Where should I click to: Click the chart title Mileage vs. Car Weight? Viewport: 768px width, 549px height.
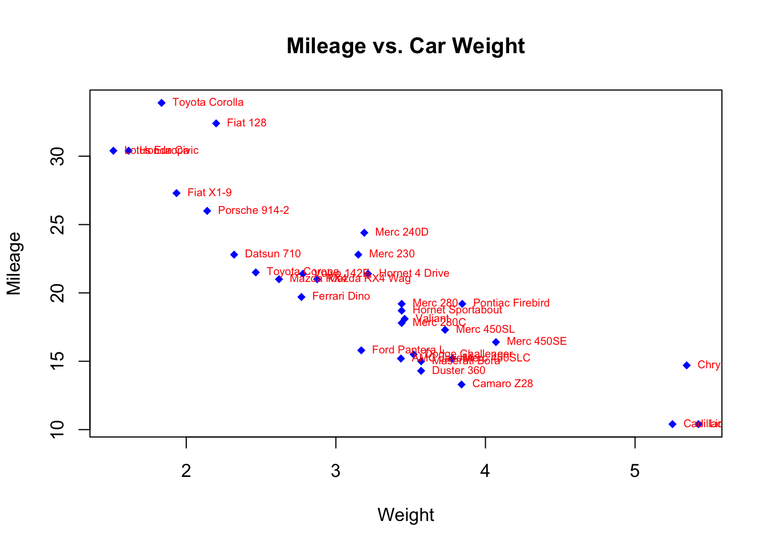pyautogui.click(x=406, y=46)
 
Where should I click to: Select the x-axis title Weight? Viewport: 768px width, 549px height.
pyautogui.click(x=406, y=515)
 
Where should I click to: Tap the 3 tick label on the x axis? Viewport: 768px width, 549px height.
pyautogui.click(x=335, y=471)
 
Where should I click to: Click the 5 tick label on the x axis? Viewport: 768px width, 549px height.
pyautogui.click(x=635, y=471)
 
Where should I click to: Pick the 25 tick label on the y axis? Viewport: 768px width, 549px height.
pyautogui.click(x=58, y=225)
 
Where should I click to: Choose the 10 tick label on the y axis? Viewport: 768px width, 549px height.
pyautogui.click(x=58, y=429)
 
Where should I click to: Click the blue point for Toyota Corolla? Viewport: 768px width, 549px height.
pyautogui.click(x=162, y=103)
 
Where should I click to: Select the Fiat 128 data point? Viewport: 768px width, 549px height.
pyautogui.click(x=216, y=124)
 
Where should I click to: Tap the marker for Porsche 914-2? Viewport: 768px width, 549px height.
pyautogui.click(x=207, y=211)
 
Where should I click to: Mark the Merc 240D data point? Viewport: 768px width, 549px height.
pyautogui.click(x=364, y=233)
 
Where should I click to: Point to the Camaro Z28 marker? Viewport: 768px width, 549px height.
pyautogui.click(x=462, y=384)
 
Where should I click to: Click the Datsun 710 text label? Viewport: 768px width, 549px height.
pyautogui.click(x=273, y=254)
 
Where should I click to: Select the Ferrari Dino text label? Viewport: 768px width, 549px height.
pyautogui.click(x=341, y=296)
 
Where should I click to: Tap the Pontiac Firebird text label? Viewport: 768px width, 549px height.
pyautogui.click(x=511, y=303)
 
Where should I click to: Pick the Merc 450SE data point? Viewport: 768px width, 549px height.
pyautogui.click(x=496, y=342)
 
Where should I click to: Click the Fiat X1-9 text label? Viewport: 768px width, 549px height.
pyautogui.click(x=210, y=193)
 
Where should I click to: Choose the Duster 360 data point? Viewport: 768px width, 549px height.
pyautogui.click(x=421, y=371)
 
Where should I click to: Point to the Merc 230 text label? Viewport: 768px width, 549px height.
pyautogui.click(x=392, y=254)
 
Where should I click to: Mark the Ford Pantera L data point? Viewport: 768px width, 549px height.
pyautogui.click(x=361, y=351)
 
